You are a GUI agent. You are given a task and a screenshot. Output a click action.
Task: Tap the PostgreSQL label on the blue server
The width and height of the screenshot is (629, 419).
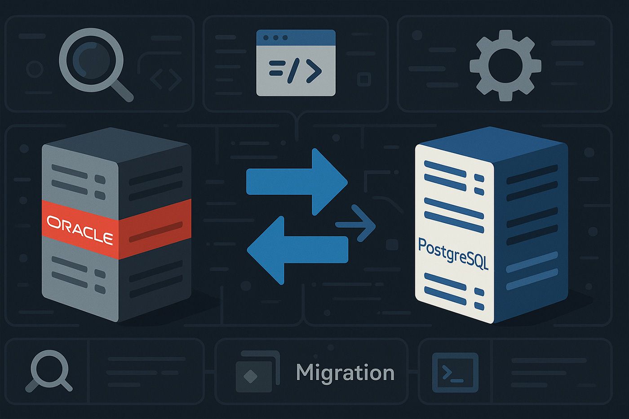(x=453, y=254)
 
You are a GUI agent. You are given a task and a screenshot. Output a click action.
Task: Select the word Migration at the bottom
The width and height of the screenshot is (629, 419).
(x=345, y=373)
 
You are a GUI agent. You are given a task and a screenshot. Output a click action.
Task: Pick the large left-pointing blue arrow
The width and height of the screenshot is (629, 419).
(x=297, y=250)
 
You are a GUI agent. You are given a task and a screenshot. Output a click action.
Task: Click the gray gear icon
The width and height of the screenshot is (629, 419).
(x=505, y=66)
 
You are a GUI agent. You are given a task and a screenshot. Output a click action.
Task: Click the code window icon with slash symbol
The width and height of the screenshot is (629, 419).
(x=296, y=63)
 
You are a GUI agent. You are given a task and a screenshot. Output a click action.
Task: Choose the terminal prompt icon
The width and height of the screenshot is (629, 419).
(x=455, y=373)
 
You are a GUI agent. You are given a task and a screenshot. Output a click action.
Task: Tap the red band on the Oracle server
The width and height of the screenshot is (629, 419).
(x=153, y=225)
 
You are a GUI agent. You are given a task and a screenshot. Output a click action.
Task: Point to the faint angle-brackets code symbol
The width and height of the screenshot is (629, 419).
(x=166, y=79)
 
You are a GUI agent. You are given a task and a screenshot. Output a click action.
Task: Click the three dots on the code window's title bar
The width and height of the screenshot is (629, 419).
(x=274, y=38)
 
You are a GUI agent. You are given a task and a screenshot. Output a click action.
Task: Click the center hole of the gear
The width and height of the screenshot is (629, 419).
(x=505, y=66)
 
